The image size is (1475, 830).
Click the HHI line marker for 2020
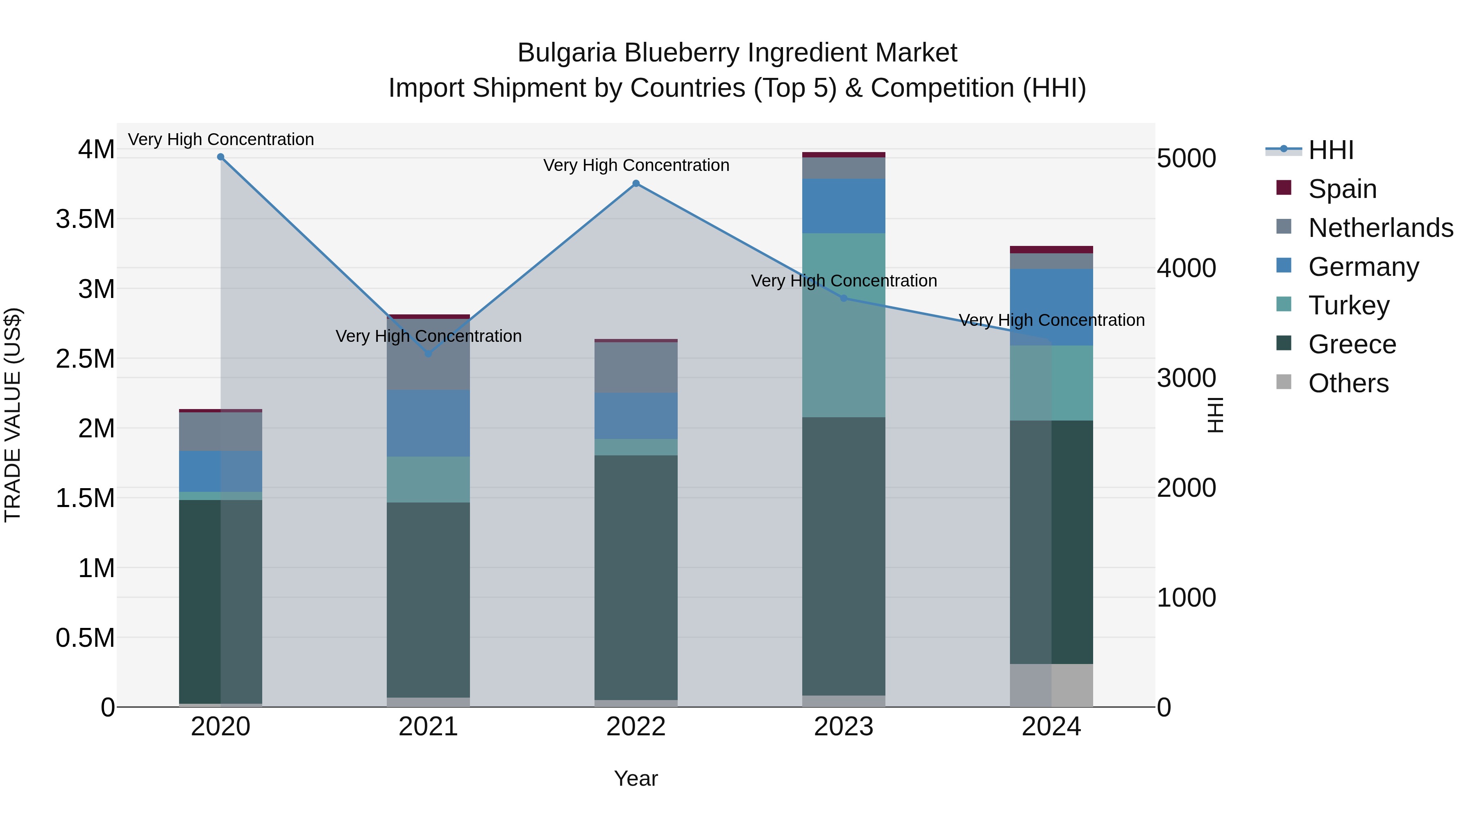point(220,157)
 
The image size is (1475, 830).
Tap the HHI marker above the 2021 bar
point(428,353)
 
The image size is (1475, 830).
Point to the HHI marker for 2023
point(844,298)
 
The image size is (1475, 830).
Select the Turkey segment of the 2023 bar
point(844,325)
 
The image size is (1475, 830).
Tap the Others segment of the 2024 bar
point(1051,685)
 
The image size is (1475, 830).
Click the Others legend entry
point(1348,383)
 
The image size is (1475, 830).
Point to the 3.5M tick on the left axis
point(85,219)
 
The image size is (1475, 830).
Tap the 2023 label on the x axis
point(844,727)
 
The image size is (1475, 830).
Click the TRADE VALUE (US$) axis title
point(13,415)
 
